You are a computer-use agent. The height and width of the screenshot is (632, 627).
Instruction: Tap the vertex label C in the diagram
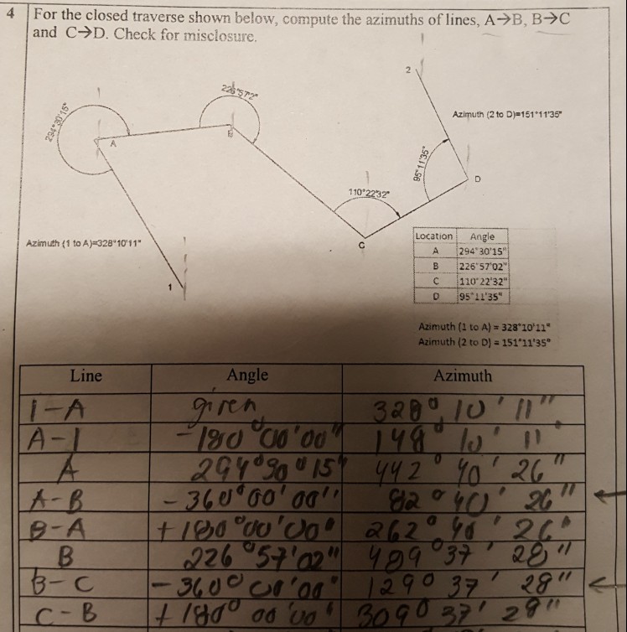[362, 244]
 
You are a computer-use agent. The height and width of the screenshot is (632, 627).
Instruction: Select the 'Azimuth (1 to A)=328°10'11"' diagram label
[84, 243]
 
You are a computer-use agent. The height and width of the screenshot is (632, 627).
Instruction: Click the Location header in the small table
[434, 236]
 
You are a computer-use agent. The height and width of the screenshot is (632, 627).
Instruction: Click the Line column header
[86, 376]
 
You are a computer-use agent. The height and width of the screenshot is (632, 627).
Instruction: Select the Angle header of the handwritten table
[247, 375]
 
